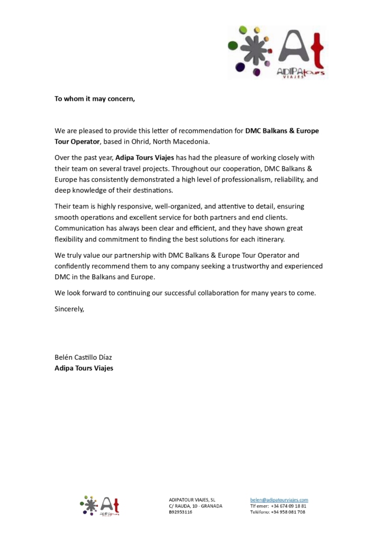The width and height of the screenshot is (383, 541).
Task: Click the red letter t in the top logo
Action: click(x=317, y=50)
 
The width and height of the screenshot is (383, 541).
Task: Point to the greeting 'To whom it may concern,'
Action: click(x=95, y=98)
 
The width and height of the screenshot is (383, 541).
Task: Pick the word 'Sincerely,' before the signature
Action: click(x=69, y=309)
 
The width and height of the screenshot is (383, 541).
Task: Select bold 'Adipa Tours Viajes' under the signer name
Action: click(x=84, y=368)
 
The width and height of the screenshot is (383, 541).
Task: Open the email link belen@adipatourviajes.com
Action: click(x=279, y=499)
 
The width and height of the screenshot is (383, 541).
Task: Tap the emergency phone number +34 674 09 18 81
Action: click(x=288, y=506)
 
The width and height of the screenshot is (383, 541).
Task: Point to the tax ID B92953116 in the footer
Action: click(x=180, y=512)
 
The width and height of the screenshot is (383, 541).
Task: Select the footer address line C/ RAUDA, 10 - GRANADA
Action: click(x=195, y=506)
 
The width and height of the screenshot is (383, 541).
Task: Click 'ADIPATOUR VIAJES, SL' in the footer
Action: click(x=192, y=499)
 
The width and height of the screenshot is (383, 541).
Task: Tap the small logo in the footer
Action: click(x=99, y=506)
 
